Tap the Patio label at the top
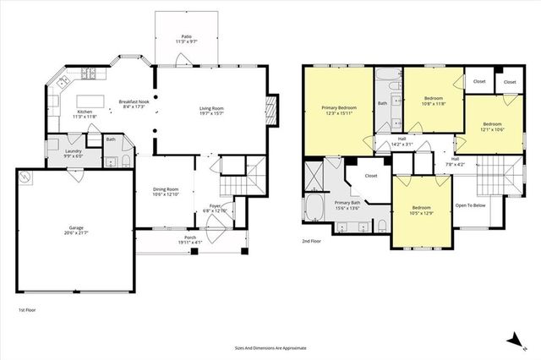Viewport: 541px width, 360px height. tap(185, 37)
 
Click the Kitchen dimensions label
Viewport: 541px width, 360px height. tap(85, 117)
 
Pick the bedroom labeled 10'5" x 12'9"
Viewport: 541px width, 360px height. tap(422, 210)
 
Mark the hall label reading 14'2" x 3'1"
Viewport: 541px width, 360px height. tap(402, 141)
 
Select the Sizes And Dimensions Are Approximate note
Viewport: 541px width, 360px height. tap(270, 347)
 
